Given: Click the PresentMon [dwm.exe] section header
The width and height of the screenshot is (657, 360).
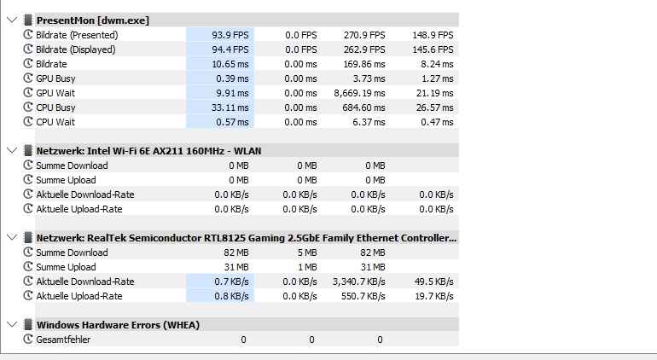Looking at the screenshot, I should (x=92, y=20).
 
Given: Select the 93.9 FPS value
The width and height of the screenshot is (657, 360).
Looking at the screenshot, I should (x=230, y=35).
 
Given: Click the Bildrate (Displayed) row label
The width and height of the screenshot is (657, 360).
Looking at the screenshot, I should (x=75, y=49).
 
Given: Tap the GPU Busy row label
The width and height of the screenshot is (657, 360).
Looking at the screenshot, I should (x=55, y=78).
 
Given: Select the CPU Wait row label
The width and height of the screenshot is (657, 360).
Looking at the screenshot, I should (x=55, y=122).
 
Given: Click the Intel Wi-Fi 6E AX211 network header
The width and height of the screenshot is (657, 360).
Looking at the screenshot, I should (x=148, y=151).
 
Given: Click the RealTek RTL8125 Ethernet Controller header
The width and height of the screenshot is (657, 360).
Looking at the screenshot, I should (x=246, y=238).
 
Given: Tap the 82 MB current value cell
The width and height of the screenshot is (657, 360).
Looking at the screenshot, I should (x=236, y=253).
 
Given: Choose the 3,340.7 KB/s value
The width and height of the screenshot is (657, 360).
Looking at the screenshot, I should (x=358, y=282).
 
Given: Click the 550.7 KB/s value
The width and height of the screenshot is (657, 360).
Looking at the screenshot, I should (x=363, y=296).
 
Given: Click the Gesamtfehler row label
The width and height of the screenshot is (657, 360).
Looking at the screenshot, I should (x=63, y=340).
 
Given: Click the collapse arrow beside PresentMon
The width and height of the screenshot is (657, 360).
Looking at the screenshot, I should (x=10, y=20).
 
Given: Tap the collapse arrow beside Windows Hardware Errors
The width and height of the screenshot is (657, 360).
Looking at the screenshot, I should (x=10, y=325).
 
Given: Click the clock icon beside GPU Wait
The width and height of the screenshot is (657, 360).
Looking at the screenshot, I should (x=28, y=93).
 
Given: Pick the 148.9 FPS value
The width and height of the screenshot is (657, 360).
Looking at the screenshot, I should (x=433, y=35).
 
